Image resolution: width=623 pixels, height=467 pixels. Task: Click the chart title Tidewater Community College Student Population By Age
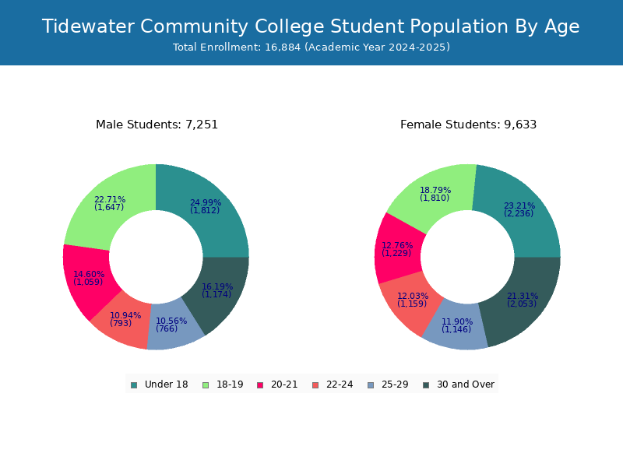(x=311, y=26)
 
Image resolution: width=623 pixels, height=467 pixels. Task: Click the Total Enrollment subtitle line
(x=311, y=47)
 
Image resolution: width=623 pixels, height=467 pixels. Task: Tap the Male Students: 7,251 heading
(x=157, y=125)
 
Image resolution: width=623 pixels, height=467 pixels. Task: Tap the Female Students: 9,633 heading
(x=469, y=125)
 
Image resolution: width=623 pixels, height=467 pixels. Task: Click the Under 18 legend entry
(x=160, y=384)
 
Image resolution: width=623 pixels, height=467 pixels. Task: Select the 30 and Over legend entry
(x=459, y=384)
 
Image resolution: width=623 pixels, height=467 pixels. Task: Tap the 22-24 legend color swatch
(x=315, y=385)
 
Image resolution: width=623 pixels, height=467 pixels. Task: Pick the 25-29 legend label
(x=395, y=384)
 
